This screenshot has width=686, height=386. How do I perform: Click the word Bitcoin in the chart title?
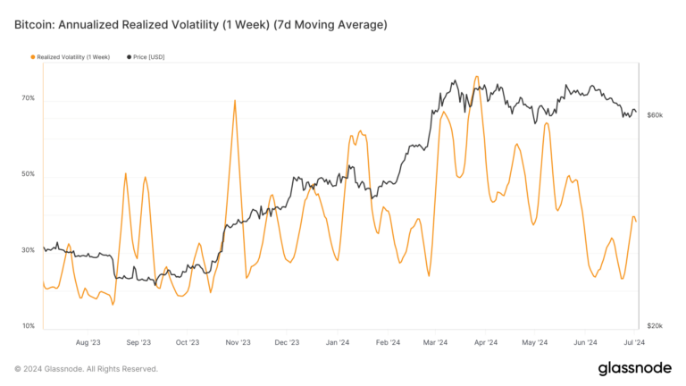[36, 25]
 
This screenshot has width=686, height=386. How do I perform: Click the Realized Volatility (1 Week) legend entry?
[71, 57]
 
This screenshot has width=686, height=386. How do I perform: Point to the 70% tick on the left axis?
[29, 98]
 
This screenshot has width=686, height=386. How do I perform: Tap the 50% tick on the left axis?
[29, 174]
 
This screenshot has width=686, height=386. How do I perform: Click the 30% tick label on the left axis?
[29, 250]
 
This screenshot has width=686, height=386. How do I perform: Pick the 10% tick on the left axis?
[29, 326]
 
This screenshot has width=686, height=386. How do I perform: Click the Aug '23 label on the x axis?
[88, 341]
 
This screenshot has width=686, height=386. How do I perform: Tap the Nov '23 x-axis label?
[238, 341]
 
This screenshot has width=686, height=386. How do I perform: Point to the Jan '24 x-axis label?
[338, 341]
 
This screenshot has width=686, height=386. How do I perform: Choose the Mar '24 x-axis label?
[437, 341]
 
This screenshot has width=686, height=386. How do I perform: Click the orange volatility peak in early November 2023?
[235, 100]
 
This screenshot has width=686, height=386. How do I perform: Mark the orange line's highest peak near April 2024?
[477, 77]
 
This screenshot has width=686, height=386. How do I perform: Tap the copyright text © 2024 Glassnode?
[86, 368]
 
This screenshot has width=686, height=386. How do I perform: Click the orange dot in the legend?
[33, 57]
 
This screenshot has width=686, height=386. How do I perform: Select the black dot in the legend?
[129, 57]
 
